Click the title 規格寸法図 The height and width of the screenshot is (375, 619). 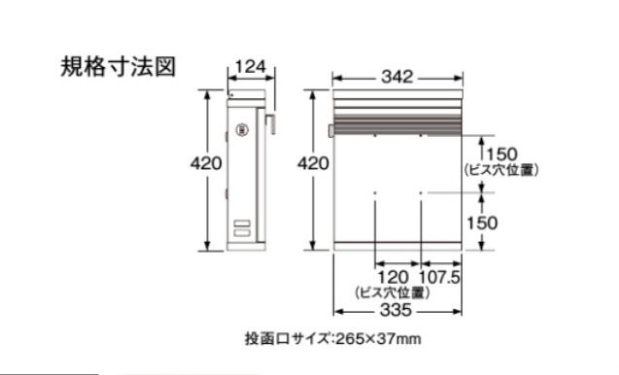[118, 66]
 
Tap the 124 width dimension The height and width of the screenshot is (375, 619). [251, 67]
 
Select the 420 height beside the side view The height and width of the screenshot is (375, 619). [206, 163]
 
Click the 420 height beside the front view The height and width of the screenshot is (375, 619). [313, 163]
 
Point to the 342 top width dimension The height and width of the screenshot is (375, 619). [397, 77]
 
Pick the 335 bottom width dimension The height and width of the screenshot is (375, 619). [395, 310]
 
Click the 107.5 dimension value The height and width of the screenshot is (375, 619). [439, 277]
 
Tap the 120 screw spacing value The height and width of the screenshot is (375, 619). [394, 277]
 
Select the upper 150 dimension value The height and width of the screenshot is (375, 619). [501, 153]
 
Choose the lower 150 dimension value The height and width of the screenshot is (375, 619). [482, 223]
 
